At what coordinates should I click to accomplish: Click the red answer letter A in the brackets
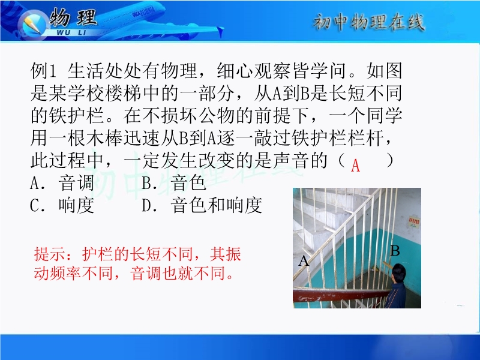click(x=355, y=166)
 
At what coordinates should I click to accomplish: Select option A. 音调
click(x=62, y=183)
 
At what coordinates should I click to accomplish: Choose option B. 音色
click(x=173, y=183)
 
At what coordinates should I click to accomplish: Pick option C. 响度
click(x=62, y=205)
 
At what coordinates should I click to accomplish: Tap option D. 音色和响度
click(x=202, y=205)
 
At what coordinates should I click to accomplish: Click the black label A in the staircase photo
click(x=304, y=261)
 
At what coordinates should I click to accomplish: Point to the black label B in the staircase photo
click(x=395, y=251)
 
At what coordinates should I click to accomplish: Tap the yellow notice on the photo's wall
click(x=413, y=223)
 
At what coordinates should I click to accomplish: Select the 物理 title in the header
click(x=73, y=17)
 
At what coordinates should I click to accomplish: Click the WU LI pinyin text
click(x=71, y=33)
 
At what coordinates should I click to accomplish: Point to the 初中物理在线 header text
click(x=369, y=22)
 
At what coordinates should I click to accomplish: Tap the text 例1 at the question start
click(x=43, y=71)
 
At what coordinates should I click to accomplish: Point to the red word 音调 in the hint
click(x=145, y=273)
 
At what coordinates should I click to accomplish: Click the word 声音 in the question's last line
click(x=291, y=160)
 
